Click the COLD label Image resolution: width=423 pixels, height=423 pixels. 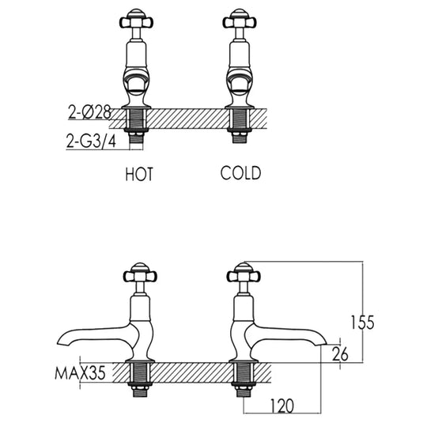point(240,173)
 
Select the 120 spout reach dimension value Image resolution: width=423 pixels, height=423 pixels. point(281,406)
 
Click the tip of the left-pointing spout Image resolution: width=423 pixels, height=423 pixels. point(62,346)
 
